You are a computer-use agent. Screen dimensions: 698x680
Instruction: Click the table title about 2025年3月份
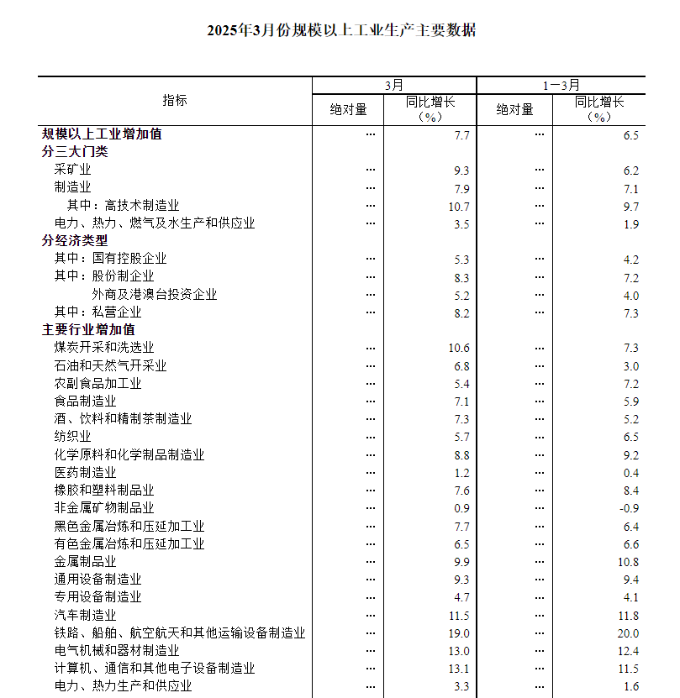click(341, 31)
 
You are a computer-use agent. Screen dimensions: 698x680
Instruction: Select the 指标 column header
click(175, 100)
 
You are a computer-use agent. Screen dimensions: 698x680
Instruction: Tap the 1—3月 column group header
click(561, 85)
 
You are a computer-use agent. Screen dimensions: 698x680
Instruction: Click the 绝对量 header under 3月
click(348, 109)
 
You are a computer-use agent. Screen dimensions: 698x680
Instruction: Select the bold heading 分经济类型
click(75, 240)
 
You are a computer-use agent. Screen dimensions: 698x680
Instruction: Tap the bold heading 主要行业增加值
click(88, 329)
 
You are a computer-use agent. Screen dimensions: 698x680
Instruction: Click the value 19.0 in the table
click(460, 633)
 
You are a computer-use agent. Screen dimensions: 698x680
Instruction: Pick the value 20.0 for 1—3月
click(628, 633)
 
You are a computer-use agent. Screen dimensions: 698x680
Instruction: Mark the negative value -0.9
click(629, 508)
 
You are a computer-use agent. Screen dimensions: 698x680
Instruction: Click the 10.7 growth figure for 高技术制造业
click(460, 206)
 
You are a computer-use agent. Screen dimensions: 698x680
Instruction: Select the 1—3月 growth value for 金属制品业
click(628, 562)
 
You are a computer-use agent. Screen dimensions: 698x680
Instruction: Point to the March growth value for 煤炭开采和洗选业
click(460, 348)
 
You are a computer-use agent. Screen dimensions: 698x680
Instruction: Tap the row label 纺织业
click(73, 437)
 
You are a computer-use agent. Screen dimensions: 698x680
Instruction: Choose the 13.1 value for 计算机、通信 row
click(460, 669)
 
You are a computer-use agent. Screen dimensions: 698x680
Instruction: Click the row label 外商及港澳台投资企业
click(155, 294)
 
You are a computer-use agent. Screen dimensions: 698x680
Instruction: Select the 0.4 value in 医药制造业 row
click(630, 473)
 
